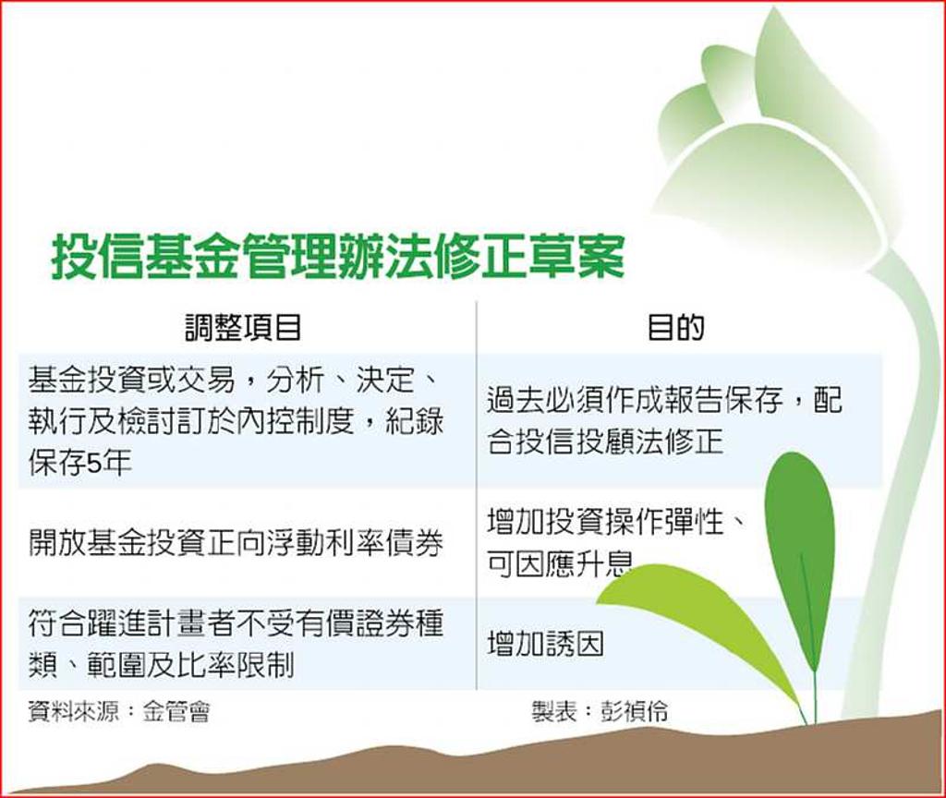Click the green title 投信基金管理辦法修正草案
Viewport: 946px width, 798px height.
click(x=338, y=257)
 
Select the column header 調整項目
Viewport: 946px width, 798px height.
click(x=242, y=328)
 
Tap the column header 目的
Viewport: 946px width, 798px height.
click(x=675, y=328)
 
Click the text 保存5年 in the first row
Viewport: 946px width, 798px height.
click(x=80, y=463)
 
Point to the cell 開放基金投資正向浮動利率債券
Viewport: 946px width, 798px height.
click(x=236, y=542)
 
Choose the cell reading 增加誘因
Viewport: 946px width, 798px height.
click(x=545, y=644)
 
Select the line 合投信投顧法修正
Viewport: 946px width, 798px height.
click(x=604, y=441)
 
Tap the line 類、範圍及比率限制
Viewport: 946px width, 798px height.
click(x=161, y=663)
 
